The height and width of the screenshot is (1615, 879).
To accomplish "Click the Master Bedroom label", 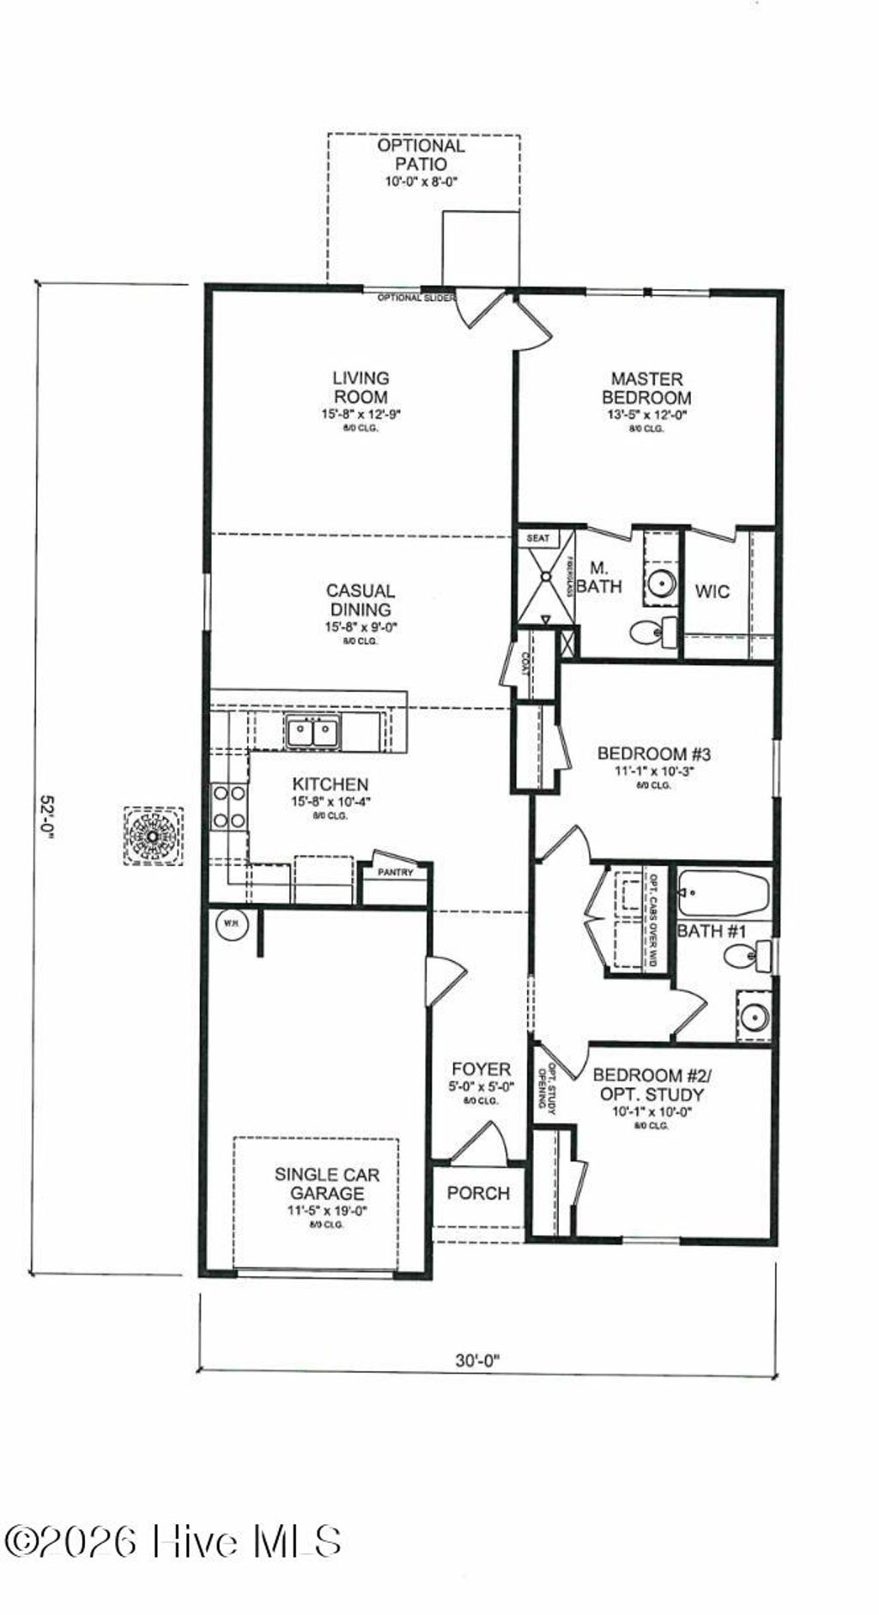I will [646, 388].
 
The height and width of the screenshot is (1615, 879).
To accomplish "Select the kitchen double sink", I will [312, 732].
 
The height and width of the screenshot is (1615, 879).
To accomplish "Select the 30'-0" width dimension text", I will [477, 1359].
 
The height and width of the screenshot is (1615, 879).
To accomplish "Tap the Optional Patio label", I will [421, 154].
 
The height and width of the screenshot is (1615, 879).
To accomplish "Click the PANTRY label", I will [396, 873].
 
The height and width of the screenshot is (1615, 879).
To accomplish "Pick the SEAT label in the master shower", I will [537, 538].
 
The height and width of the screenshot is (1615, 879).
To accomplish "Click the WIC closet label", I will [712, 591].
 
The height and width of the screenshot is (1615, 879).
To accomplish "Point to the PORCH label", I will [478, 1193].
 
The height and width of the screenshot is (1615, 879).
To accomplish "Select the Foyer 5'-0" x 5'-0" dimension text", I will [482, 1086].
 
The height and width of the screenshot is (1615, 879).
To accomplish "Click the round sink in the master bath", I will [662, 584].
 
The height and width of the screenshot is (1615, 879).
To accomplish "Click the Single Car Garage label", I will [326, 1184].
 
